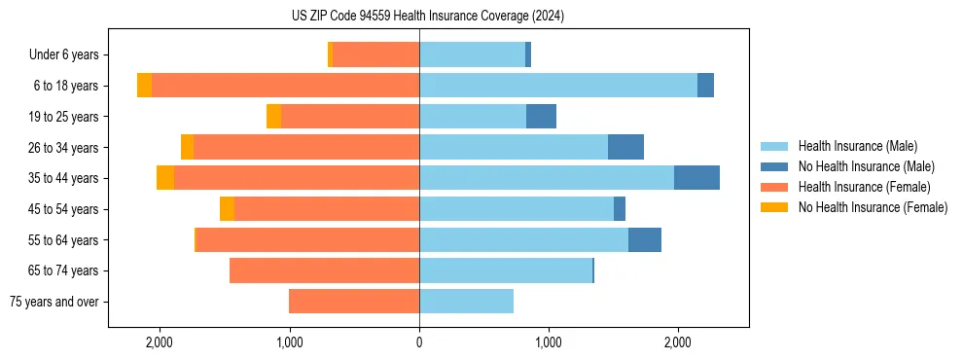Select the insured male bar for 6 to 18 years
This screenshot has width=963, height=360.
tap(558, 86)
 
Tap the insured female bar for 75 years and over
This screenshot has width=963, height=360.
tap(354, 302)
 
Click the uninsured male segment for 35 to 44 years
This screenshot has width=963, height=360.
tap(696, 178)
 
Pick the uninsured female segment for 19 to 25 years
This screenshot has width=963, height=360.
tap(273, 117)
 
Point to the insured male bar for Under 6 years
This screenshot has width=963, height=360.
tap(472, 54)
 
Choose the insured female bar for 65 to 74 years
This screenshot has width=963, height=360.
tap(324, 270)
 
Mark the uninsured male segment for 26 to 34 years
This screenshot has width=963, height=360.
tap(625, 147)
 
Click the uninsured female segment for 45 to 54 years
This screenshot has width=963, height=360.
tap(227, 209)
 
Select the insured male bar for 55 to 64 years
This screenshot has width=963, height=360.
tap(523, 240)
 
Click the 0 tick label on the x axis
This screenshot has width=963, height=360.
tap(419, 342)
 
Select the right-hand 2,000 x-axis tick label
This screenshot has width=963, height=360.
tap(677, 342)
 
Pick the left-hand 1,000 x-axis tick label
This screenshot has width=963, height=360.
tap(289, 342)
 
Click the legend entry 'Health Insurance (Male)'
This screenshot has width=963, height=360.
tap(857, 146)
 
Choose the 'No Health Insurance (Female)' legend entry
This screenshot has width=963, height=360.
tap(873, 207)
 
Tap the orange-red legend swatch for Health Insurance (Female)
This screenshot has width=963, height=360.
tap(774, 187)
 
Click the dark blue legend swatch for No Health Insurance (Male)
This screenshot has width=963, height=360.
tap(774, 166)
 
